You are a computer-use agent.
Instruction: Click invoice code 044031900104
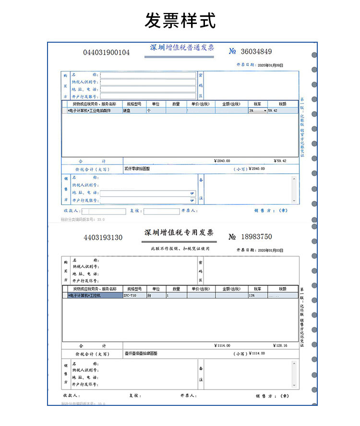pos(107,52)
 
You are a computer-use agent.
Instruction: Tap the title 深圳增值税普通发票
pos(182,48)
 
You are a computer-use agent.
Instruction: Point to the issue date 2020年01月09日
pos(270,65)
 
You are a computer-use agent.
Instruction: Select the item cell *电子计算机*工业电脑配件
pos(92,110)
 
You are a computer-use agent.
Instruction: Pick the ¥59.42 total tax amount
pos(280,161)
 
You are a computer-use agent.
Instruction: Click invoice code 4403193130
pos(103,237)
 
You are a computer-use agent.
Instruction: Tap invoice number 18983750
pos(251,237)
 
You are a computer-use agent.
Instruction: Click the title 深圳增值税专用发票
pos(179,233)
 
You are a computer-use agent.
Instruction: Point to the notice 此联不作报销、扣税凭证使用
pos(180,248)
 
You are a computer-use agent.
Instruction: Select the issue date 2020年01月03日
pos(270,250)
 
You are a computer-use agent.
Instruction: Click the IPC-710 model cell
pos(130,296)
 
